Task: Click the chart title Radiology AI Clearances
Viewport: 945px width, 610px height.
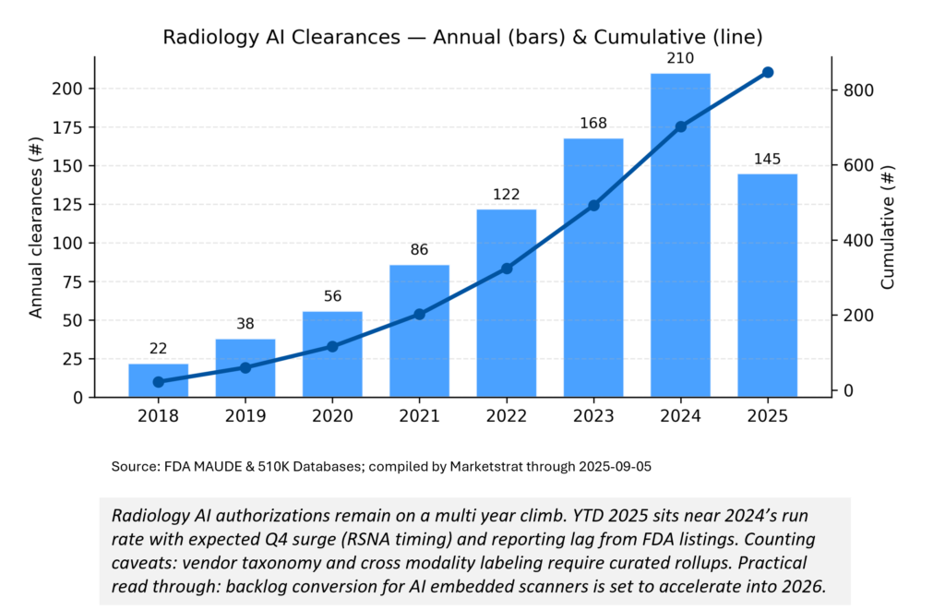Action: pyautogui.click(x=462, y=38)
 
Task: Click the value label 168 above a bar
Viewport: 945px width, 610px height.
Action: pyautogui.click(x=593, y=123)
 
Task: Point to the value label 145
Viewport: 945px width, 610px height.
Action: pyautogui.click(x=768, y=158)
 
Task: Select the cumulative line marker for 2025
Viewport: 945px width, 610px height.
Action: pyautogui.click(x=768, y=72)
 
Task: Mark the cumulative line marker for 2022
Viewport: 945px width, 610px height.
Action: pyautogui.click(x=507, y=269)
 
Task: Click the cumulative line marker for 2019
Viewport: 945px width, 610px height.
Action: pyautogui.click(x=245, y=367)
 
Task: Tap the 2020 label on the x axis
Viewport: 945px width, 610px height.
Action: pyautogui.click(x=332, y=416)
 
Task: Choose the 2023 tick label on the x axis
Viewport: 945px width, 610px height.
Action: pyautogui.click(x=593, y=416)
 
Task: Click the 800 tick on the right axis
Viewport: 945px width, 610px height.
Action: pyautogui.click(x=855, y=90)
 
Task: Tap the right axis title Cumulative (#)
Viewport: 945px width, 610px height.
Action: pyautogui.click(x=888, y=228)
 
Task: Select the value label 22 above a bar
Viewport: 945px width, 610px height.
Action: pyautogui.click(x=158, y=349)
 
